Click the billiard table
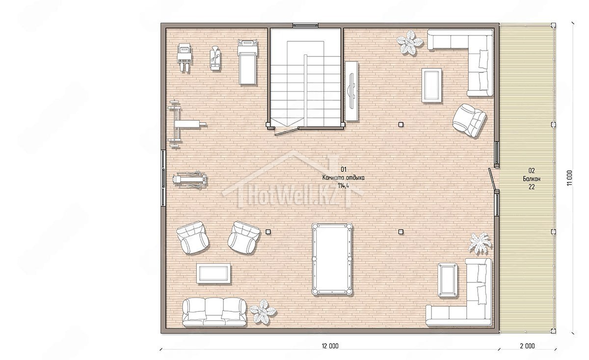tap(332, 259)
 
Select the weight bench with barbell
tap(184, 124)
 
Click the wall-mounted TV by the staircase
tap(351, 91)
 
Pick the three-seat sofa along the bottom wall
tap(214, 312)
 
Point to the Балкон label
tap(532, 179)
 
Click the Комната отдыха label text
tap(344, 178)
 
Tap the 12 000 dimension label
tap(330, 346)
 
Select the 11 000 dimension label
tap(569, 178)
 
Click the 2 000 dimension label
tap(527, 346)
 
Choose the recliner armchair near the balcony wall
tap(469, 120)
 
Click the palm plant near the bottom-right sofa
tap(480, 243)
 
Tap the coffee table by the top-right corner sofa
tap(431, 85)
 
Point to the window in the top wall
tap(305, 25)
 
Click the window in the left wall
tap(163, 178)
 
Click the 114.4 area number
tap(344, 186)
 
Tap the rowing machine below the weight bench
tap(189, 180)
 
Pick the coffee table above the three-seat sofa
tap(214, 274)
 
